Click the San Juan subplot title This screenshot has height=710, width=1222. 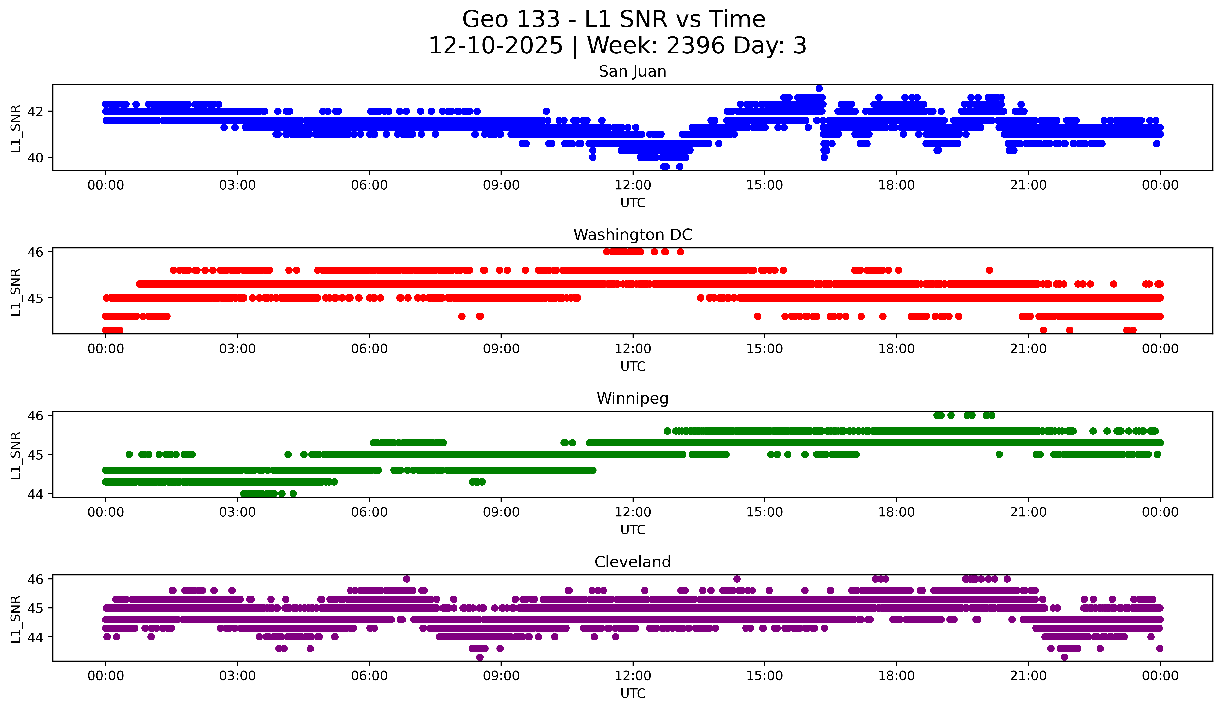[632, 71]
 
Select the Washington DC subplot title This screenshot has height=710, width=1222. [632, 235]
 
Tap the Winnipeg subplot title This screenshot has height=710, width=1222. [632, 398]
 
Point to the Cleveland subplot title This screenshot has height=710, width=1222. [632, 562]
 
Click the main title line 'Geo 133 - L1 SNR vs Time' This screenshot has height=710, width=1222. [613, 19]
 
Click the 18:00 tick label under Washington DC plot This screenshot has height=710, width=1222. [896, 349]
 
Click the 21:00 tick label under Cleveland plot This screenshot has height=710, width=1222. [1028, 676]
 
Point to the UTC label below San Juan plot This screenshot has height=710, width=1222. [632, 203]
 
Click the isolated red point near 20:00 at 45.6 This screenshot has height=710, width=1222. [989, 270]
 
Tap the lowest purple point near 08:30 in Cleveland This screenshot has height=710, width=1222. [480, 657]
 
